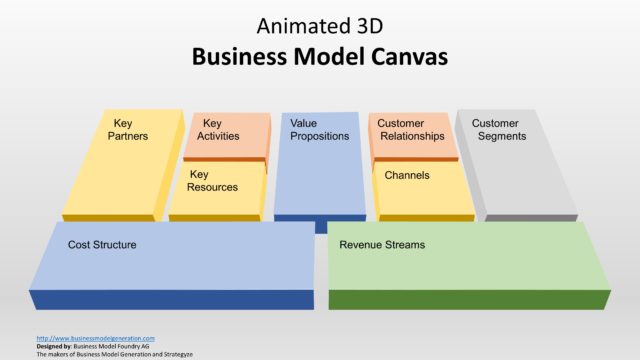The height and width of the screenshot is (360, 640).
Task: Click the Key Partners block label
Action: (x=127, y=130)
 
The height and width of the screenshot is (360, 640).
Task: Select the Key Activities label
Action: (x=217, y=130)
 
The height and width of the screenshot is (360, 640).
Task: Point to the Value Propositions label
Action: (x=319, y=130)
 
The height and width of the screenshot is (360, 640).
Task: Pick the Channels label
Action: (x=407, y=175)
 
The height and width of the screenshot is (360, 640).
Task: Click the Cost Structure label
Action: (x=102, y=244)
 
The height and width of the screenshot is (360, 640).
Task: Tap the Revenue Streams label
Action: (x=382, y=244)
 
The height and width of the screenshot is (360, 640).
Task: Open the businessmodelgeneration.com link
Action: (x=95, y=338)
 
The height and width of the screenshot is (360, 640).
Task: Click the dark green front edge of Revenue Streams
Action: (x=469, y=299)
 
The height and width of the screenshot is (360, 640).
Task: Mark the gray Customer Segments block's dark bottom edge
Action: (x=530, y=218)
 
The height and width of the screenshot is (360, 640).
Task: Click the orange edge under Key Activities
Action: (x=224, y=159)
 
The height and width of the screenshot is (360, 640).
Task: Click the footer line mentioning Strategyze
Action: (x=114, y=354)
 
